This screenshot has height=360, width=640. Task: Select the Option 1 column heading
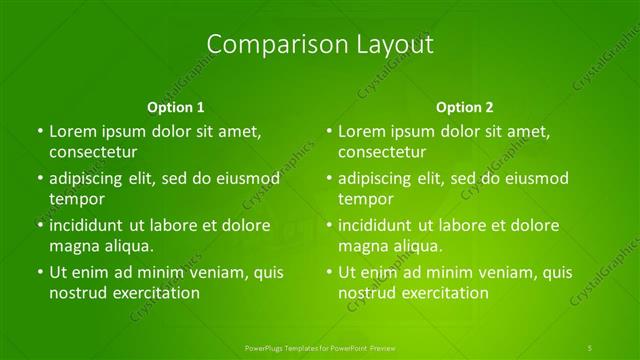point(176,107)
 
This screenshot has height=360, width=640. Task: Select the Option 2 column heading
point(465,107)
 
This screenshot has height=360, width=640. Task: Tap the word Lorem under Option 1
point(72,131)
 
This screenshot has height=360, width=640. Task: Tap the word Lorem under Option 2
point(361,131)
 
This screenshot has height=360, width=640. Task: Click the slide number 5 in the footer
point(591,347)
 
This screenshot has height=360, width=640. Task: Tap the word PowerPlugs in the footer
point(266,347)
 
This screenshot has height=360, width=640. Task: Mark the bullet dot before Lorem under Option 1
point(40,131)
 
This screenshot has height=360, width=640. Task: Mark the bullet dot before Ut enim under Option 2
point(329,272)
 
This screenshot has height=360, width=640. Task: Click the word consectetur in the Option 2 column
point(382,152)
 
